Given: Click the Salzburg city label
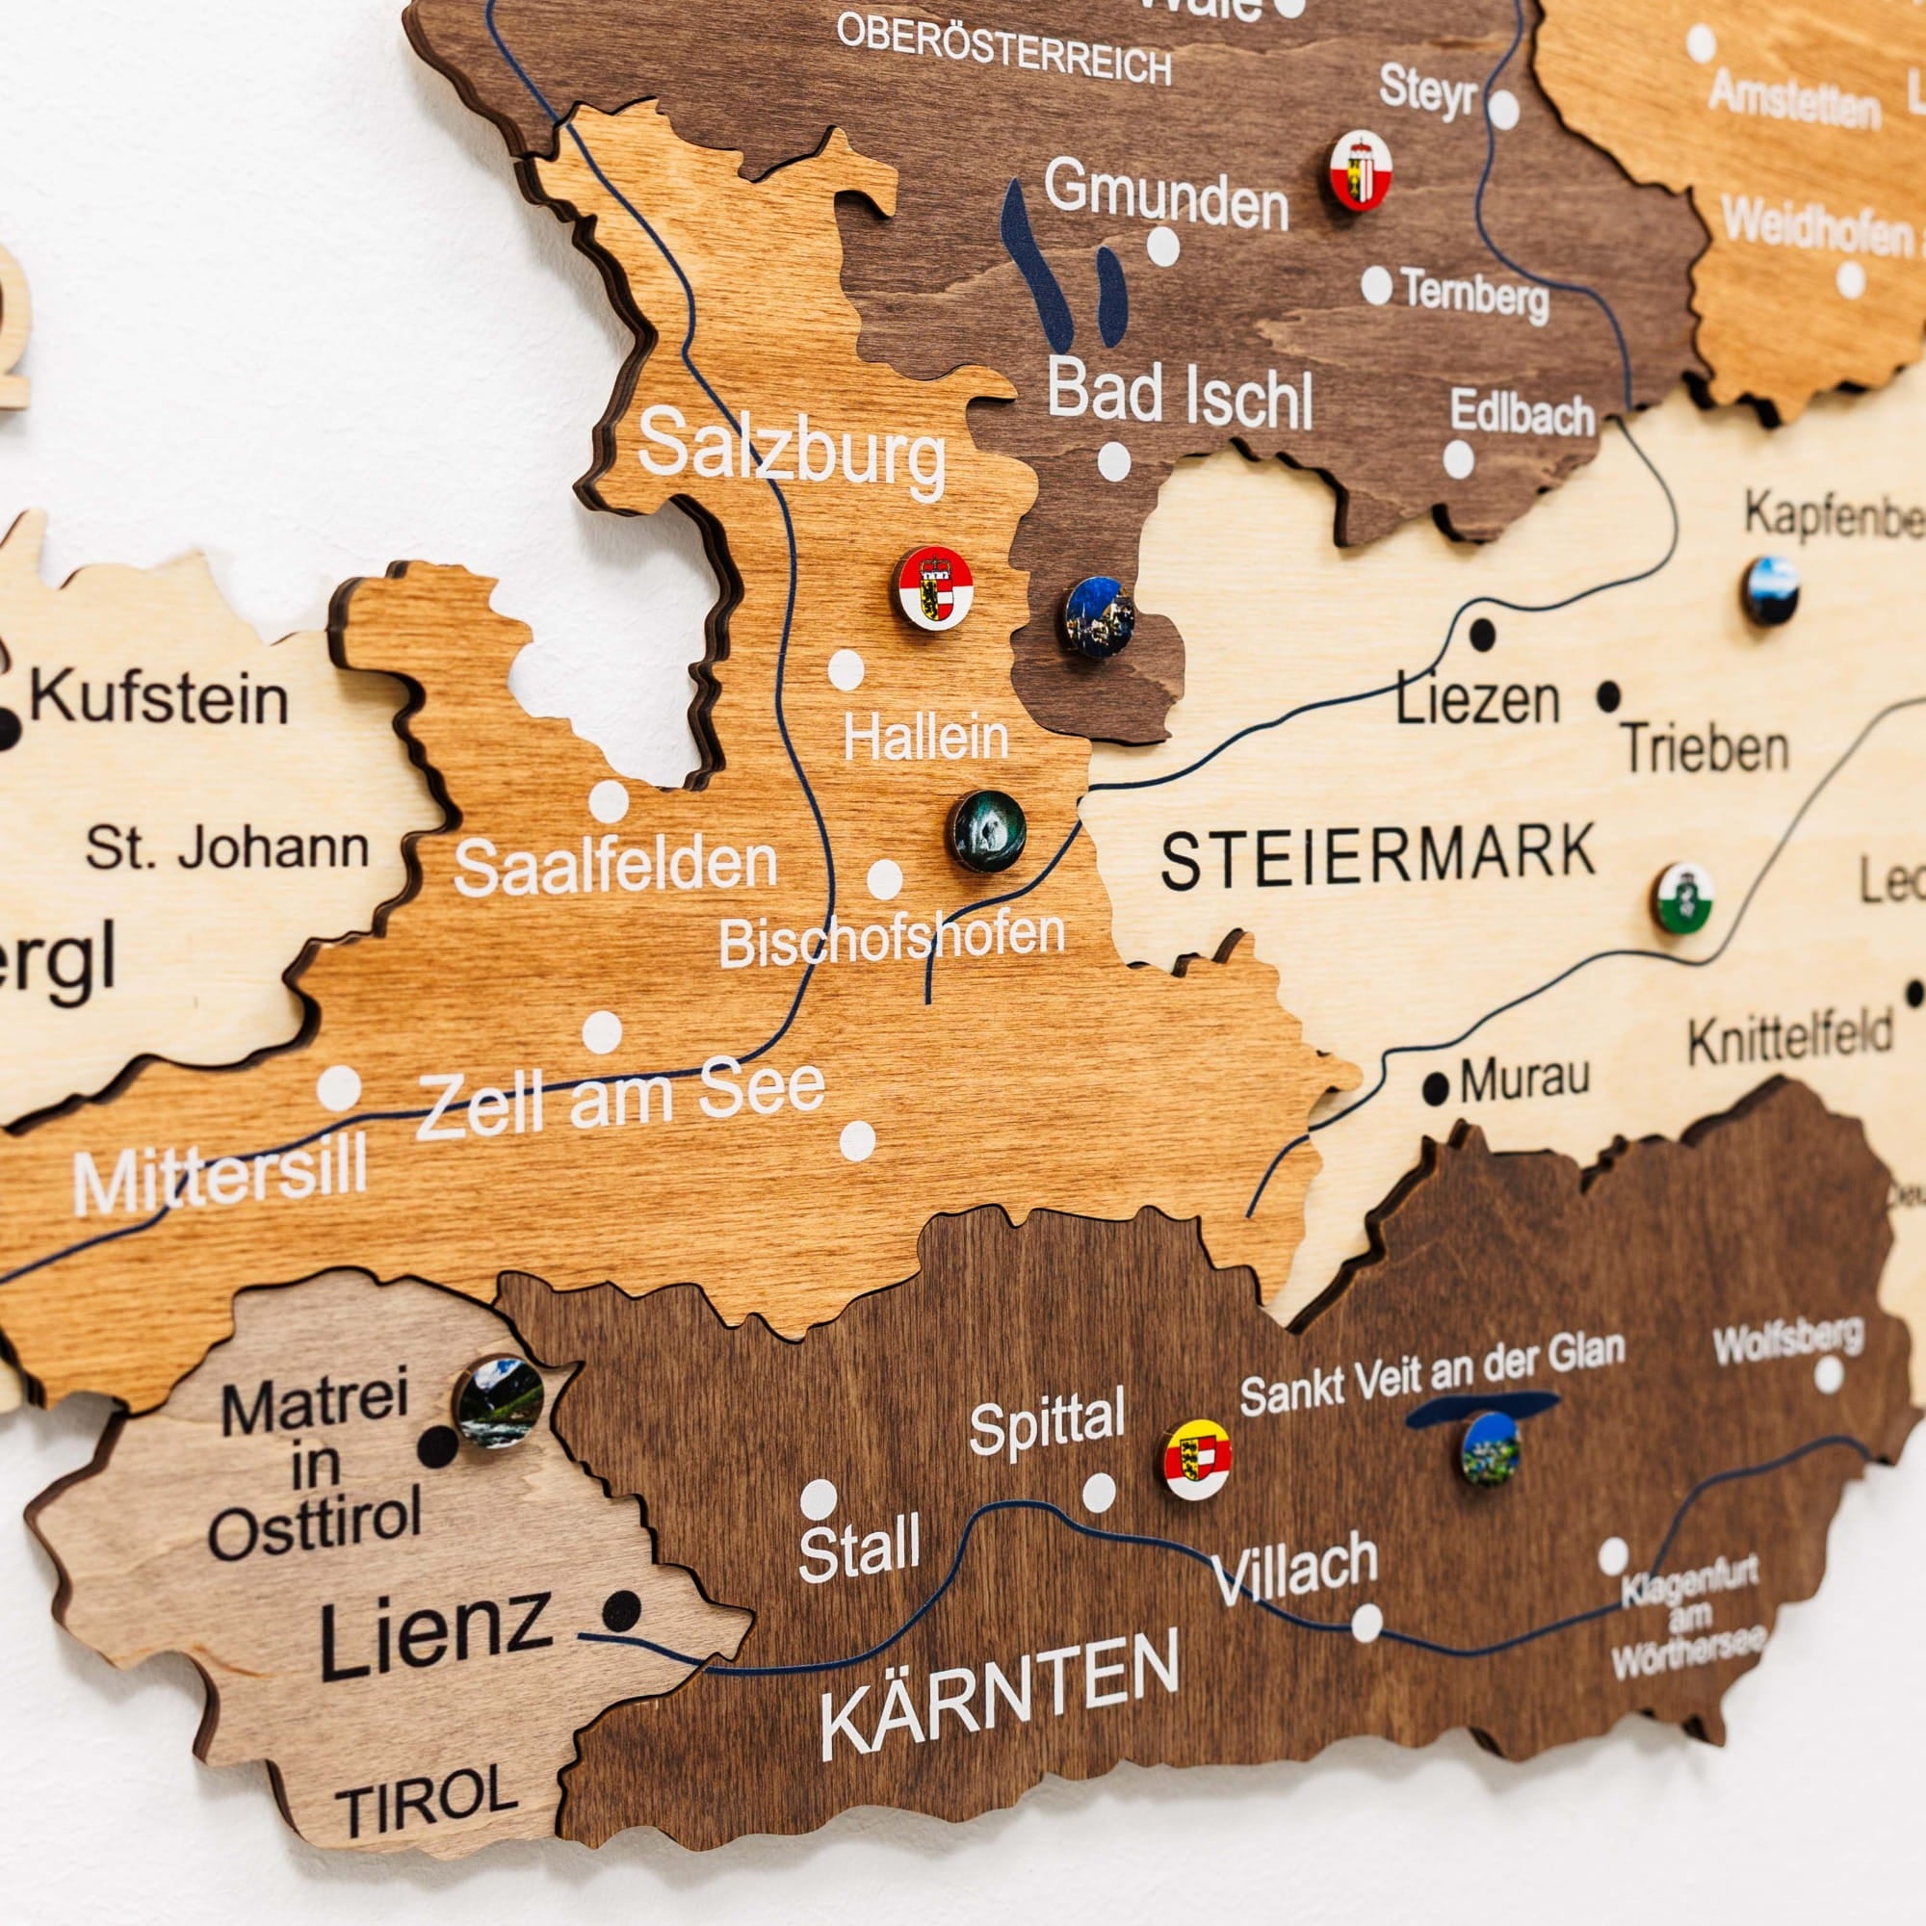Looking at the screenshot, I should coord(793,453).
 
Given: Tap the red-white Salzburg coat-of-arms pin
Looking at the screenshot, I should coord(933,589).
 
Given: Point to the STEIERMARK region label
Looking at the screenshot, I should coord(1379,856).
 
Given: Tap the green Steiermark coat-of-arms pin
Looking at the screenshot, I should coord(1683,898).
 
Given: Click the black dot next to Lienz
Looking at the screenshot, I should coord(623,1609).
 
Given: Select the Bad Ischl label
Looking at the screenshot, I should coord(1180,396).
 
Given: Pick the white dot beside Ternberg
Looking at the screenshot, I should coord(1377,286).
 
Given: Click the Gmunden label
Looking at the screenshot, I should coord(1166,198).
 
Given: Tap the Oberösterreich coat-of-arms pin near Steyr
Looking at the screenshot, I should coord(1361,171).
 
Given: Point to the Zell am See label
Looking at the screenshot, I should coord(621,1100).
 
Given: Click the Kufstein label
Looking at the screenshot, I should coord(160,698).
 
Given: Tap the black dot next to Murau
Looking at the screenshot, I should coord(1436,1087).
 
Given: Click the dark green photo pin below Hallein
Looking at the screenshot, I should coord(987,830).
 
